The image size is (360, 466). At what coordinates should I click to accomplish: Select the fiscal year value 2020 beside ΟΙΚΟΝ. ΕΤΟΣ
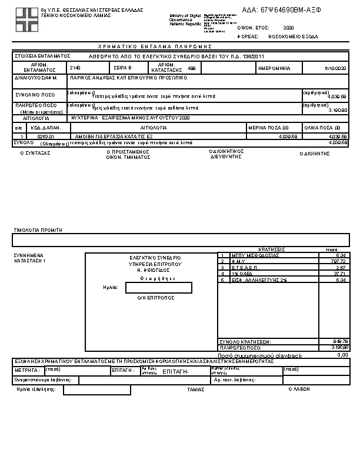[x=288, y=28]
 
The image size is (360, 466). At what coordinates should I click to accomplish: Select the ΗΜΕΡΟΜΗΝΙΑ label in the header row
[x=274, y=68]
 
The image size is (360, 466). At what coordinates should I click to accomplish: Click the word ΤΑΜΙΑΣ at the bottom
[x=195, y=390]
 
